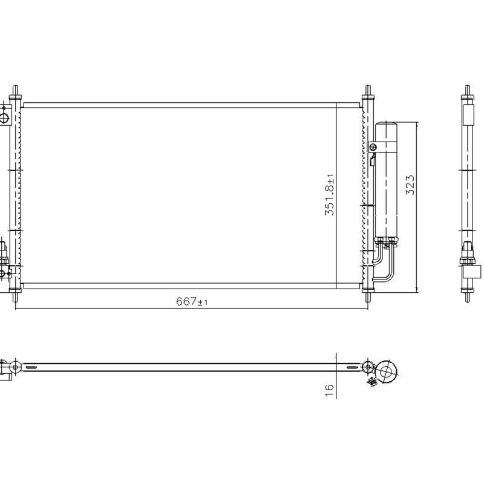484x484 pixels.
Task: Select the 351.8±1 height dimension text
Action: click(x=330, y=195)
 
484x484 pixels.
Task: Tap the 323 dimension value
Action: click(x=410, y=185)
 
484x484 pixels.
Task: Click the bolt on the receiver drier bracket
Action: click(x=374, y=146)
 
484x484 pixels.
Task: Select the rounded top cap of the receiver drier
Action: click(x=386, y=125)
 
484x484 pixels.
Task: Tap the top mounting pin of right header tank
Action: click(x=367, y=92)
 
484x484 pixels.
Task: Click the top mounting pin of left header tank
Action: click(x=16, y=92)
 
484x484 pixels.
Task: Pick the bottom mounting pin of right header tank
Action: click(x=367, y=296)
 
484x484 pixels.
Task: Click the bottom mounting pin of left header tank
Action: click(x=16, y=296)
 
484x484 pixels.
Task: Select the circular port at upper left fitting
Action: click(x=4, y=116)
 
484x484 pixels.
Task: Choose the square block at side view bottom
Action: click(x=475, y=271)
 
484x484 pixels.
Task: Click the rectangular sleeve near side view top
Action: click(x=468, y=114)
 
